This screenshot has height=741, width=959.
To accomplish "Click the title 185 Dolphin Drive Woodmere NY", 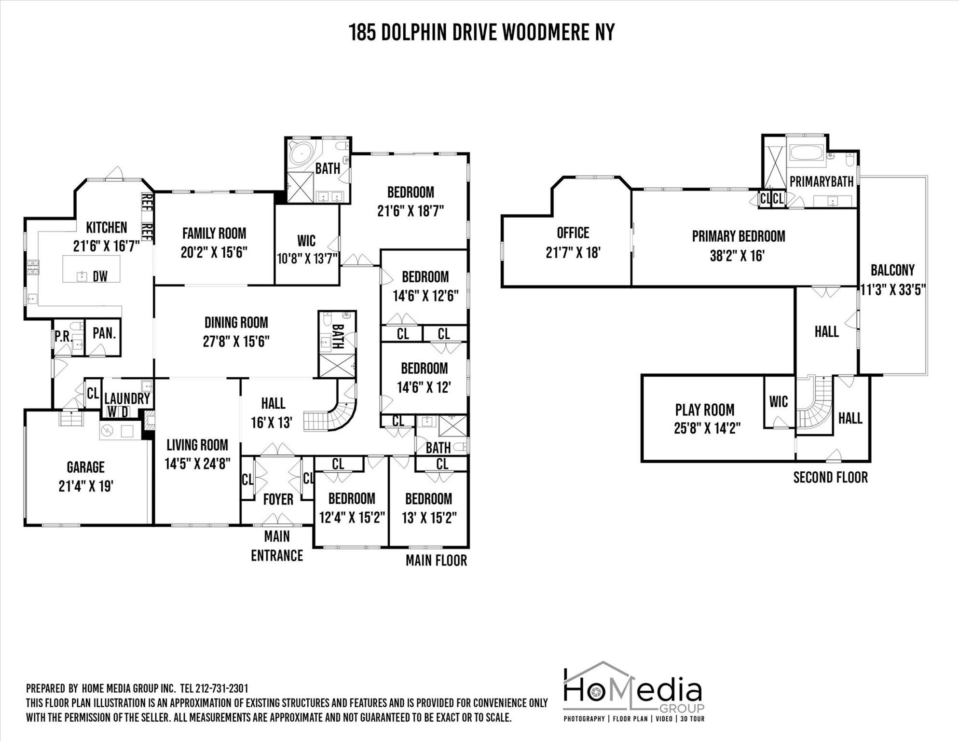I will (x=481, y=32).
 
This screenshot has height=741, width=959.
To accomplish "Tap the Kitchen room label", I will (x=107, y=227).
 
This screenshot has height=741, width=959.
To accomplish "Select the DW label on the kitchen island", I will (x=100, y=276).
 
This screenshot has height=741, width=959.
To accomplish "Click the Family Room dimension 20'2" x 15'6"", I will (x=214, y=252).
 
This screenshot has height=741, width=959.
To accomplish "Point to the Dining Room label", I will (x=236, y=322).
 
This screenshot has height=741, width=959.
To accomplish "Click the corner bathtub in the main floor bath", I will (x=301, y=153).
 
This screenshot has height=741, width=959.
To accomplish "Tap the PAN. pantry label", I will (x=104, y=333).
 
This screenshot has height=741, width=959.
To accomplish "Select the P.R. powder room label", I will (x=63, y=336).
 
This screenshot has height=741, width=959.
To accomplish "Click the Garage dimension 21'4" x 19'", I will (x=86, y=486).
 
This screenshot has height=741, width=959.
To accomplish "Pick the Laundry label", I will (x=127, y=398).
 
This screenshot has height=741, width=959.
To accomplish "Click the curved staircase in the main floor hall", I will (x=333, y=415).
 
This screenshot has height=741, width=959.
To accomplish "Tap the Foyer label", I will (x=278, y=499).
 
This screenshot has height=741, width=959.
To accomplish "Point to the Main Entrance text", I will (x=277, y=546).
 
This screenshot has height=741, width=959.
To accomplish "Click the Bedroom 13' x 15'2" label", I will (x=429, y=498).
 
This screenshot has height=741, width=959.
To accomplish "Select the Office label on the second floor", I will (x=573, y=233).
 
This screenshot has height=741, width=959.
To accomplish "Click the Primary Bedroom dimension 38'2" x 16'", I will (x=738, y=255).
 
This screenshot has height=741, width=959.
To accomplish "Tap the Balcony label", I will (x=892, y=270).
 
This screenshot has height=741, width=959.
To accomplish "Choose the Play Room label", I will (x=705, y=410).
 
